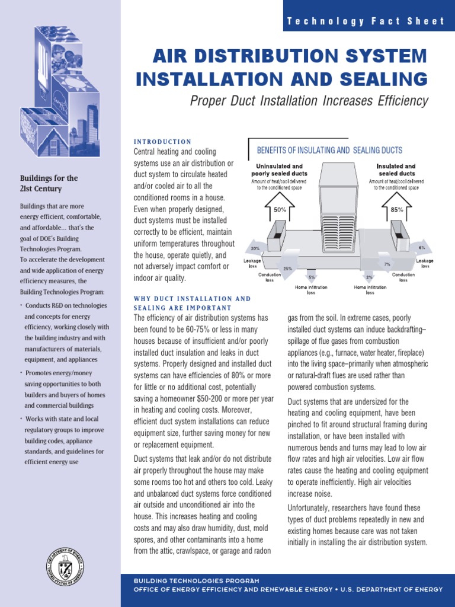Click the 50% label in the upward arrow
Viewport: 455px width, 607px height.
point(280,209)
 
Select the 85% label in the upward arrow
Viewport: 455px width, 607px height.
point(397,209)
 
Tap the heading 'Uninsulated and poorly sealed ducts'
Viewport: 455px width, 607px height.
point(279,170)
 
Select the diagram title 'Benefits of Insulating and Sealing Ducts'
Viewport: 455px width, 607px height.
point(329,151)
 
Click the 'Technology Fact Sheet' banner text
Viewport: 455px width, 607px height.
point(366,21)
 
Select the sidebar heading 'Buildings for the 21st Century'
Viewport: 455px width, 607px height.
point(49,183)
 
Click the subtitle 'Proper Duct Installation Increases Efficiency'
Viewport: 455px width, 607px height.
point(309,101)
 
